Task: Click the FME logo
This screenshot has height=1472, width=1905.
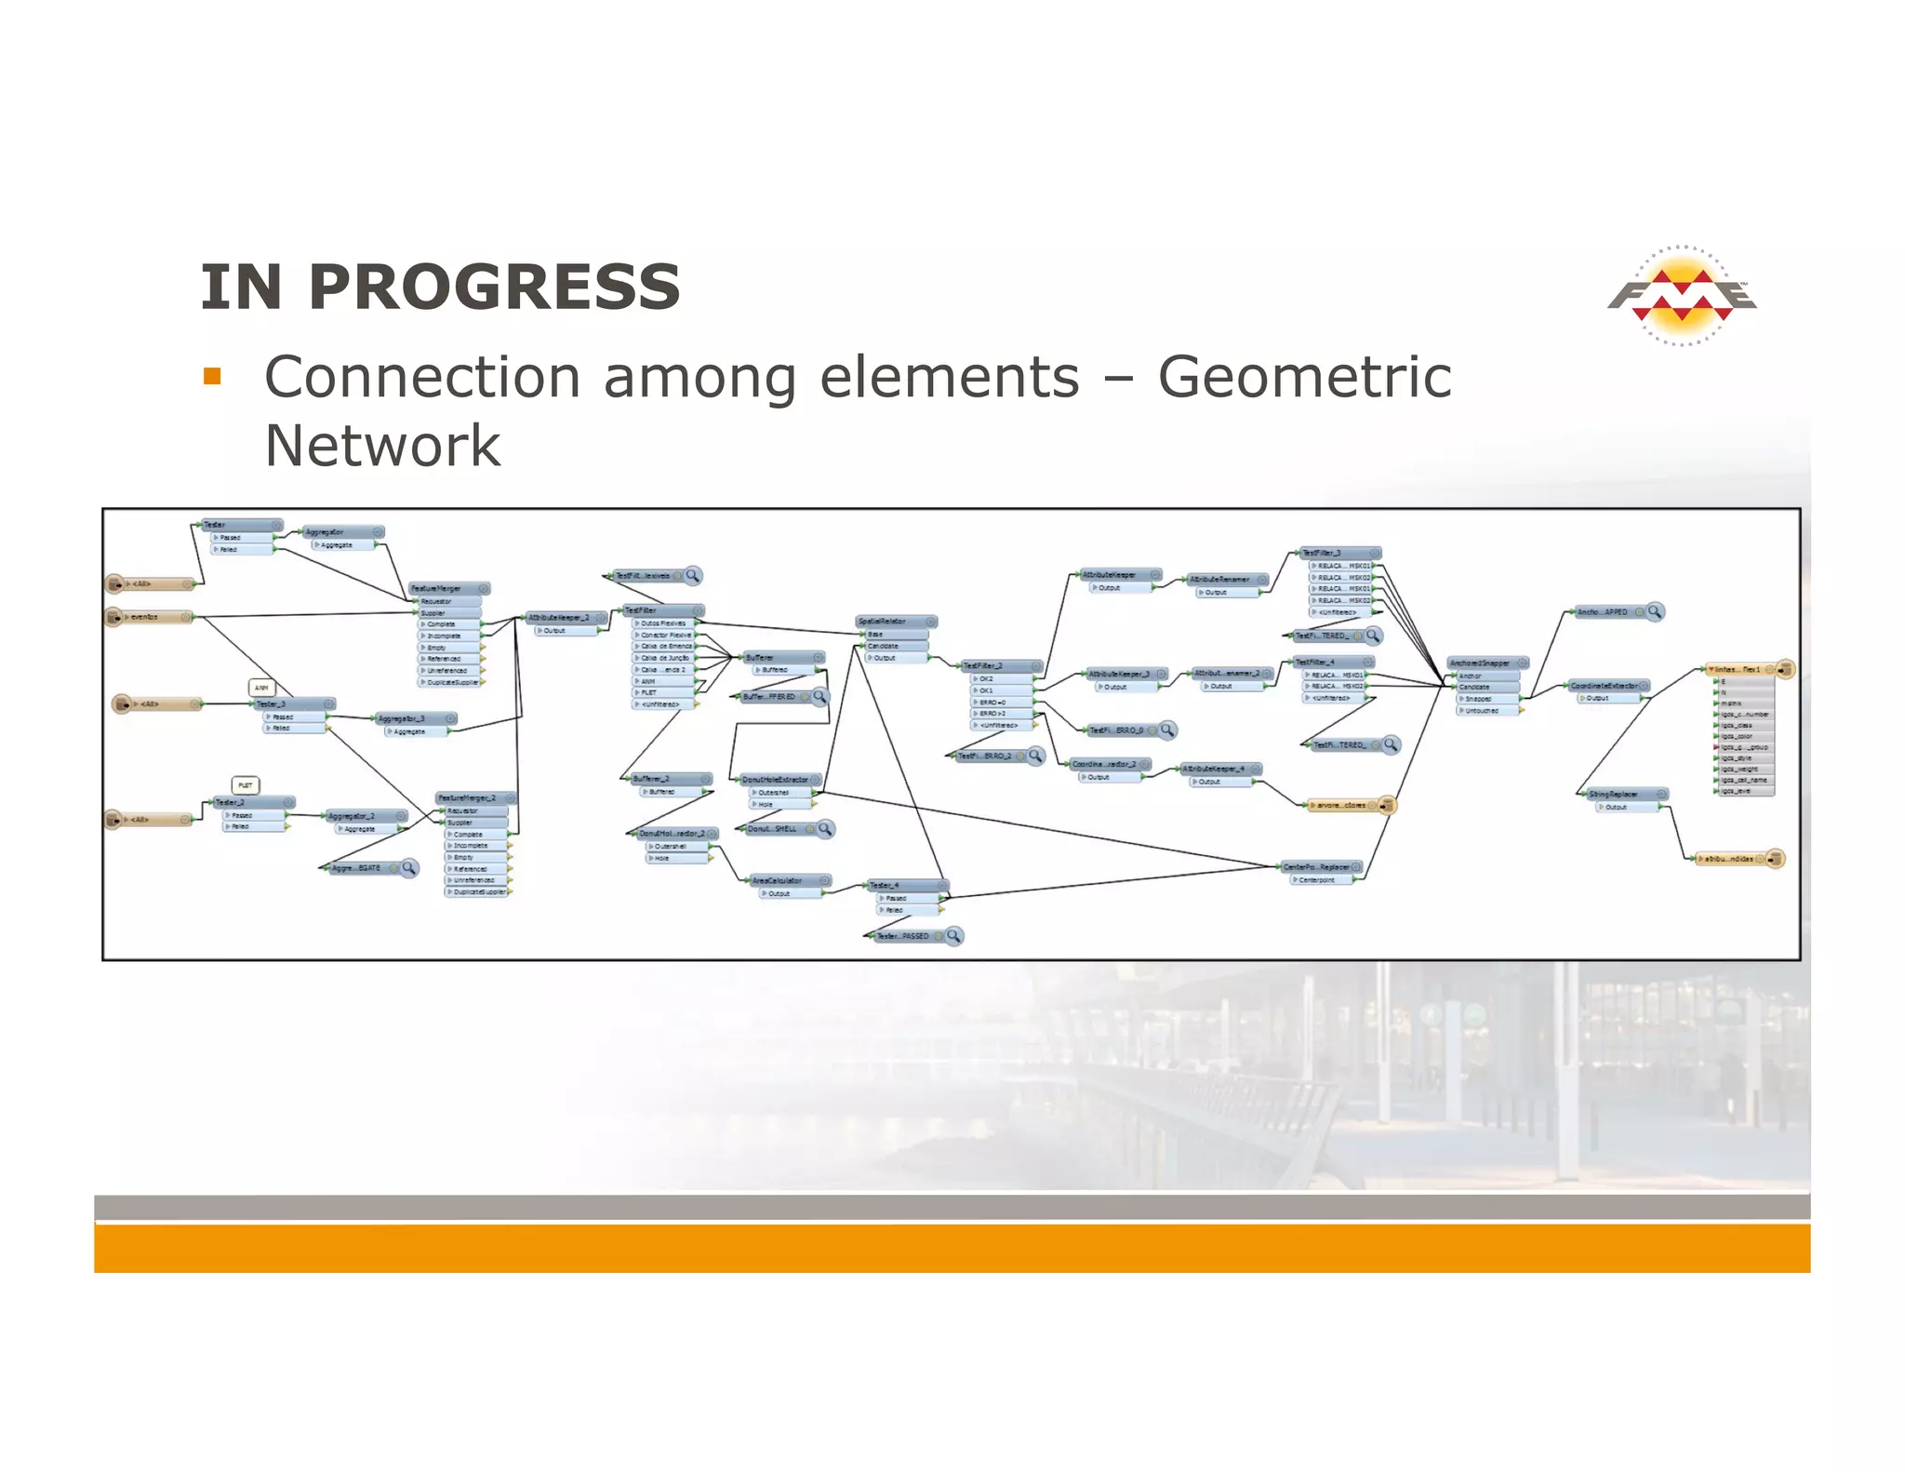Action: [1682, 297]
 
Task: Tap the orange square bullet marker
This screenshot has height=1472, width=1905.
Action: [213, 376]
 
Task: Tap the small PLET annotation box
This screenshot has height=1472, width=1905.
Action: [245, 785]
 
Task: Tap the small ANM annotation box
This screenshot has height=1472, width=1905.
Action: [261, 688]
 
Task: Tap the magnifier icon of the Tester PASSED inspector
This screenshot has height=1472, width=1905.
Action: [953, 935]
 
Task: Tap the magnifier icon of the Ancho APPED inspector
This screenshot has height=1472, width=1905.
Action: [1654, 611]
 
